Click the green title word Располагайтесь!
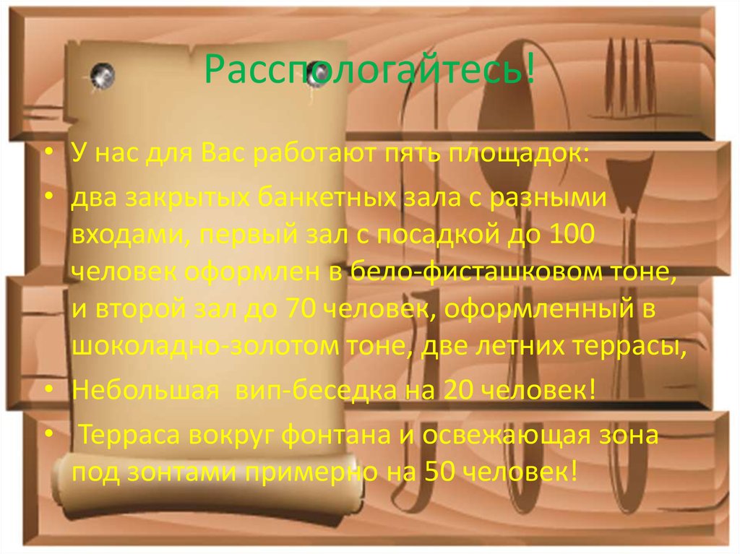tap(370, 71)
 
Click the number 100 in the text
tap(575, 234)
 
